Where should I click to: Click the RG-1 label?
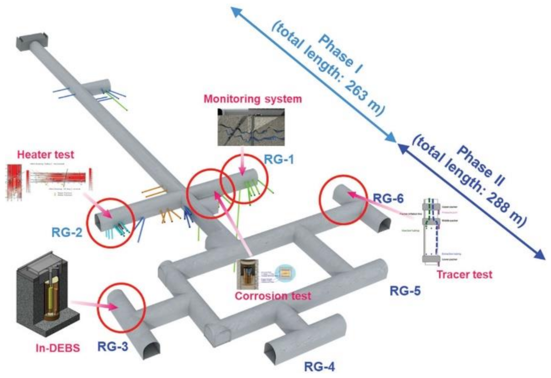click(279, 160)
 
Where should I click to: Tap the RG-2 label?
click(67, 232)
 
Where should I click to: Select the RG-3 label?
click(113, 347)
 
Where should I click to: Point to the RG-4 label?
click(319, 367)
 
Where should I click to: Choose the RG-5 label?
click(405, 291)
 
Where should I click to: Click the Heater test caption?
click(46, 155)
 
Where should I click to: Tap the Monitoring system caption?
click(253, 99)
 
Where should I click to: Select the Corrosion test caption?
click(273, 296)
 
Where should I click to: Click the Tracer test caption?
click(464, 275)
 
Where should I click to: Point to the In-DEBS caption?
click(58, 348)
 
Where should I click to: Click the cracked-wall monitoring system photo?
click(251, 127)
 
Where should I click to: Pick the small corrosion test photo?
click(248, 274)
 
